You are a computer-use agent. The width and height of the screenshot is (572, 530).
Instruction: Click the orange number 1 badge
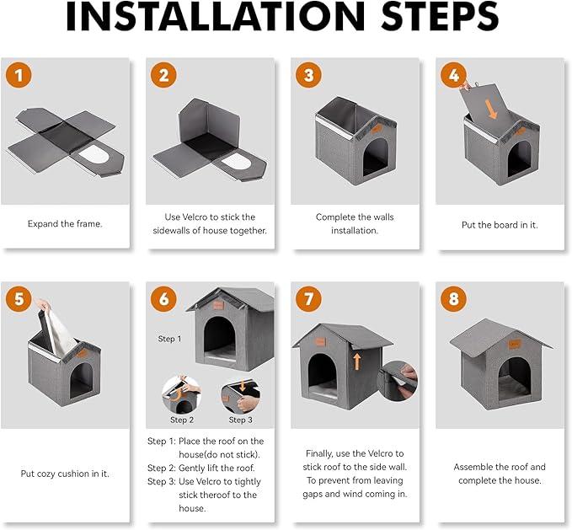pyautogui.click(x=19, y=75)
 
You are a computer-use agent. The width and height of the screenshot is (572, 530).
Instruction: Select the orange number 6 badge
pyautogui.click(x=163, y=299)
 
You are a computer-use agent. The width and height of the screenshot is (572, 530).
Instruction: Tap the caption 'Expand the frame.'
pyautogui.click(x=64, y=224)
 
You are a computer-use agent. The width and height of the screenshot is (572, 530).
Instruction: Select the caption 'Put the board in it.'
pyautogui.click(x=500, y=224)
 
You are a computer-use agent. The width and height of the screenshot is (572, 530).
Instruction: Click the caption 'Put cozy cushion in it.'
pyautogui.click(x=65, y=474)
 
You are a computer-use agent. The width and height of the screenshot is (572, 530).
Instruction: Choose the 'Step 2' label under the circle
pyautogui.click(x=182, y=420)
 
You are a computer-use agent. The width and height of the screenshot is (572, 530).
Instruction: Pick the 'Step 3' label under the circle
pyautogui.click(x=240, y=420)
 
